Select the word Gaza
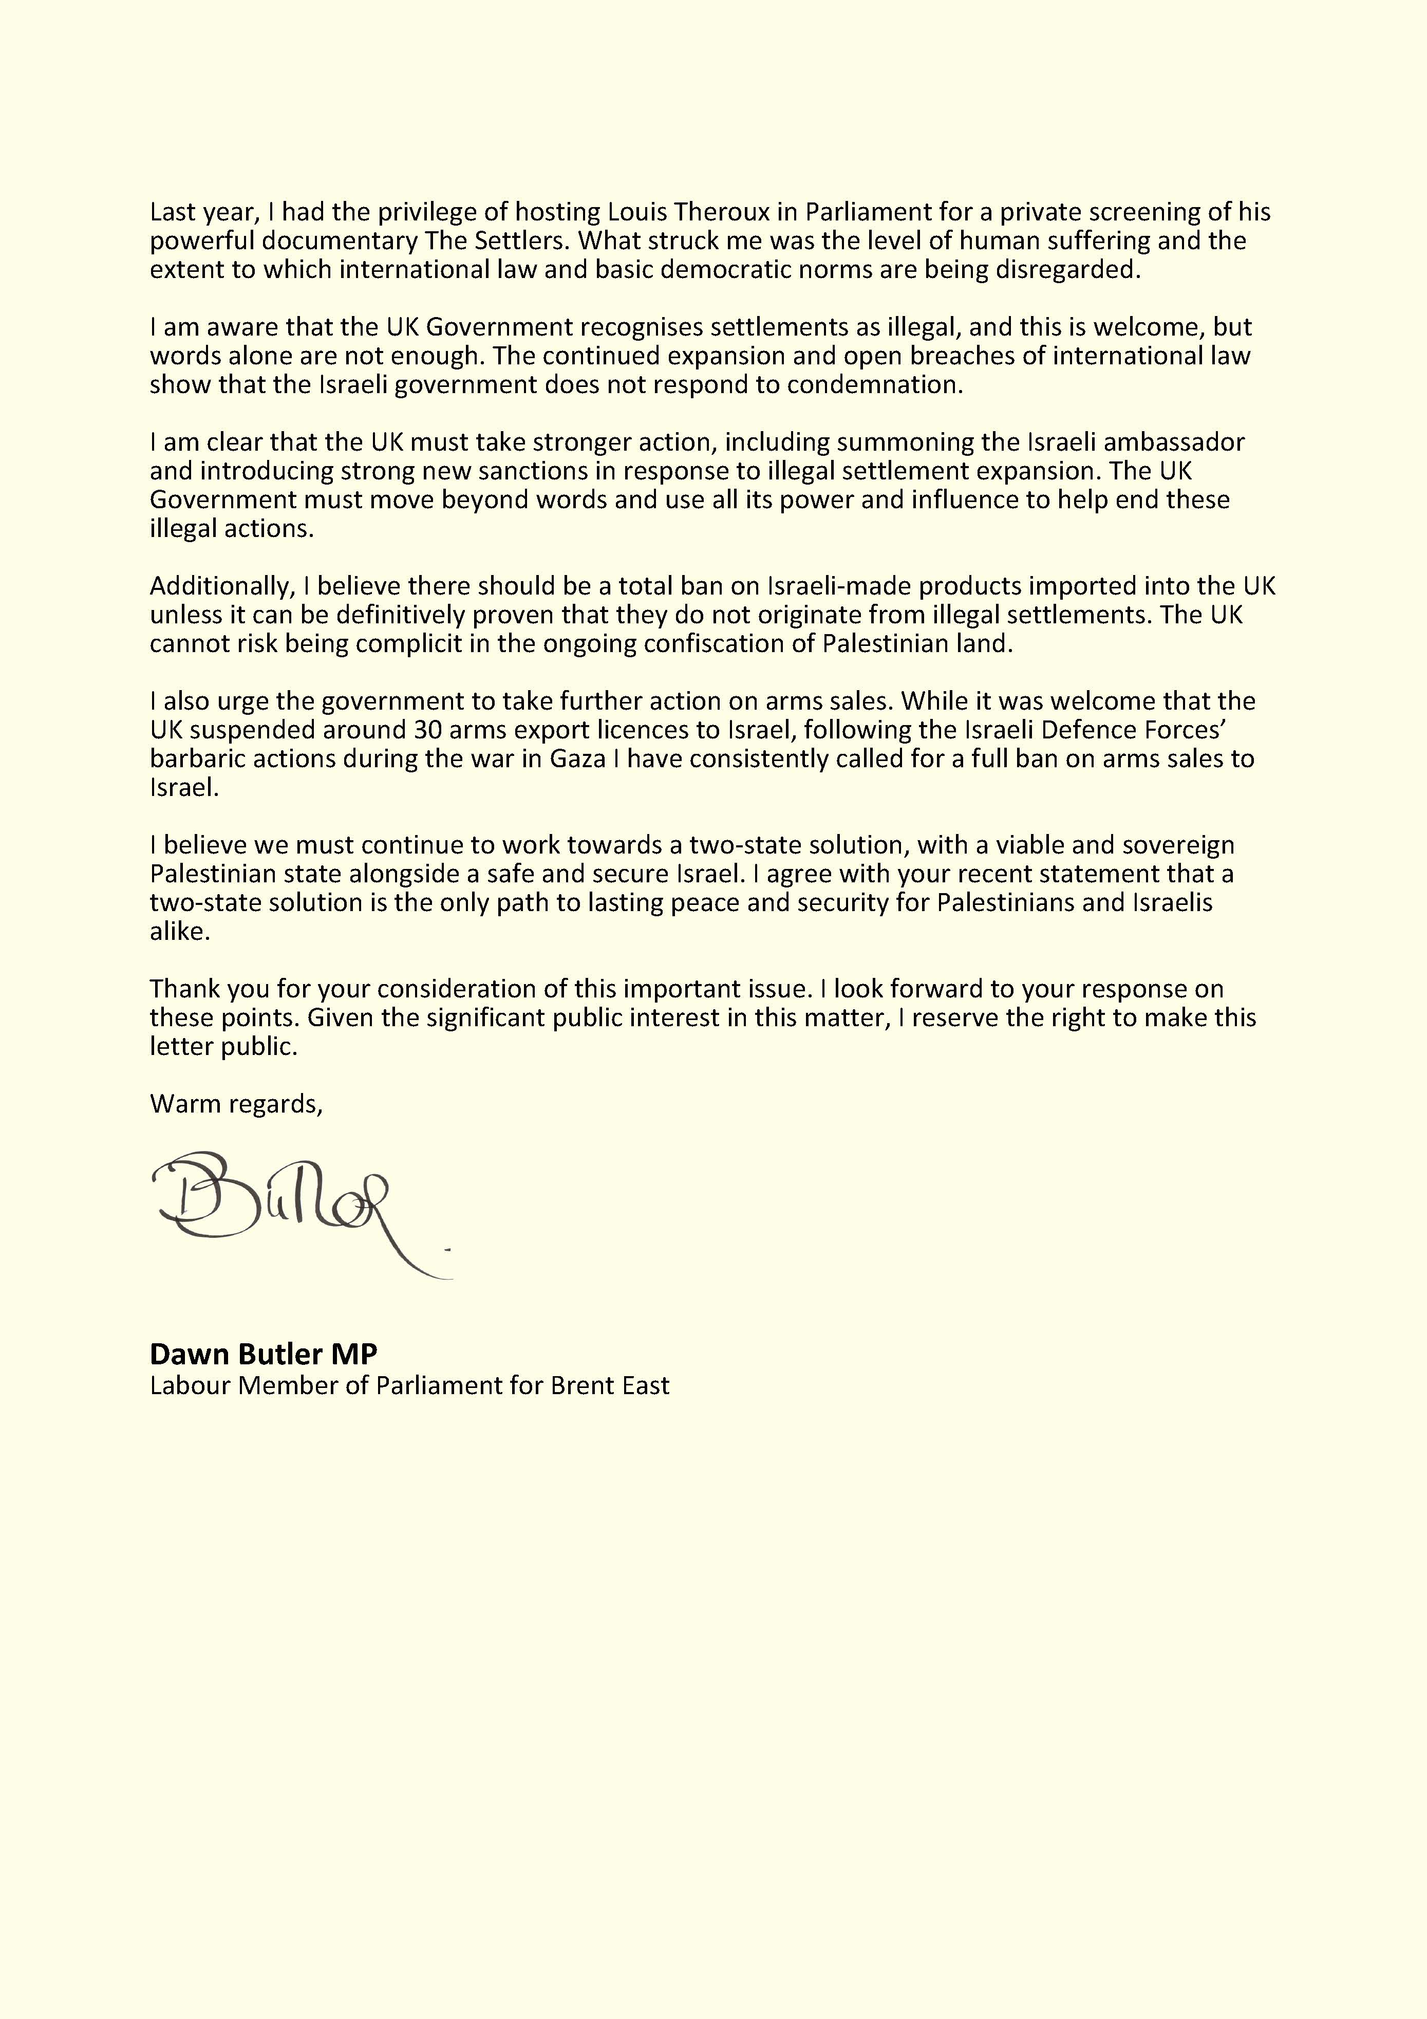click(x=578, y=759)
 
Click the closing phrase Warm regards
click(x=236, y=1104)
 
